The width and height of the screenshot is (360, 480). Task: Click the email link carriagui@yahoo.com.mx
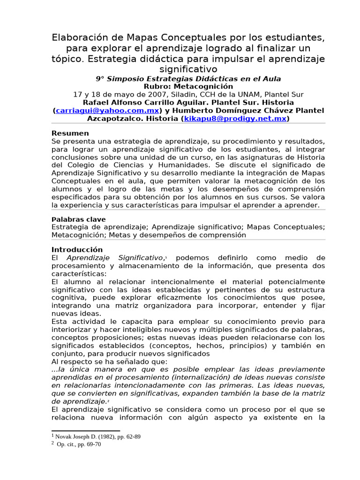coord(107,111)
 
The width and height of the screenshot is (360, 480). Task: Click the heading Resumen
coord(70,134)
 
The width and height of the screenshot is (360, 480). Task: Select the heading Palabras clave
coord(79,219)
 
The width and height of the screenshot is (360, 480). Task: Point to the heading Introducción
coord(77,250)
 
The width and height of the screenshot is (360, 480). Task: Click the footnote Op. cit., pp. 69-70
coord(79,444)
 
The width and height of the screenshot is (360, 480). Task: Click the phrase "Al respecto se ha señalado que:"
coord(109,361)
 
